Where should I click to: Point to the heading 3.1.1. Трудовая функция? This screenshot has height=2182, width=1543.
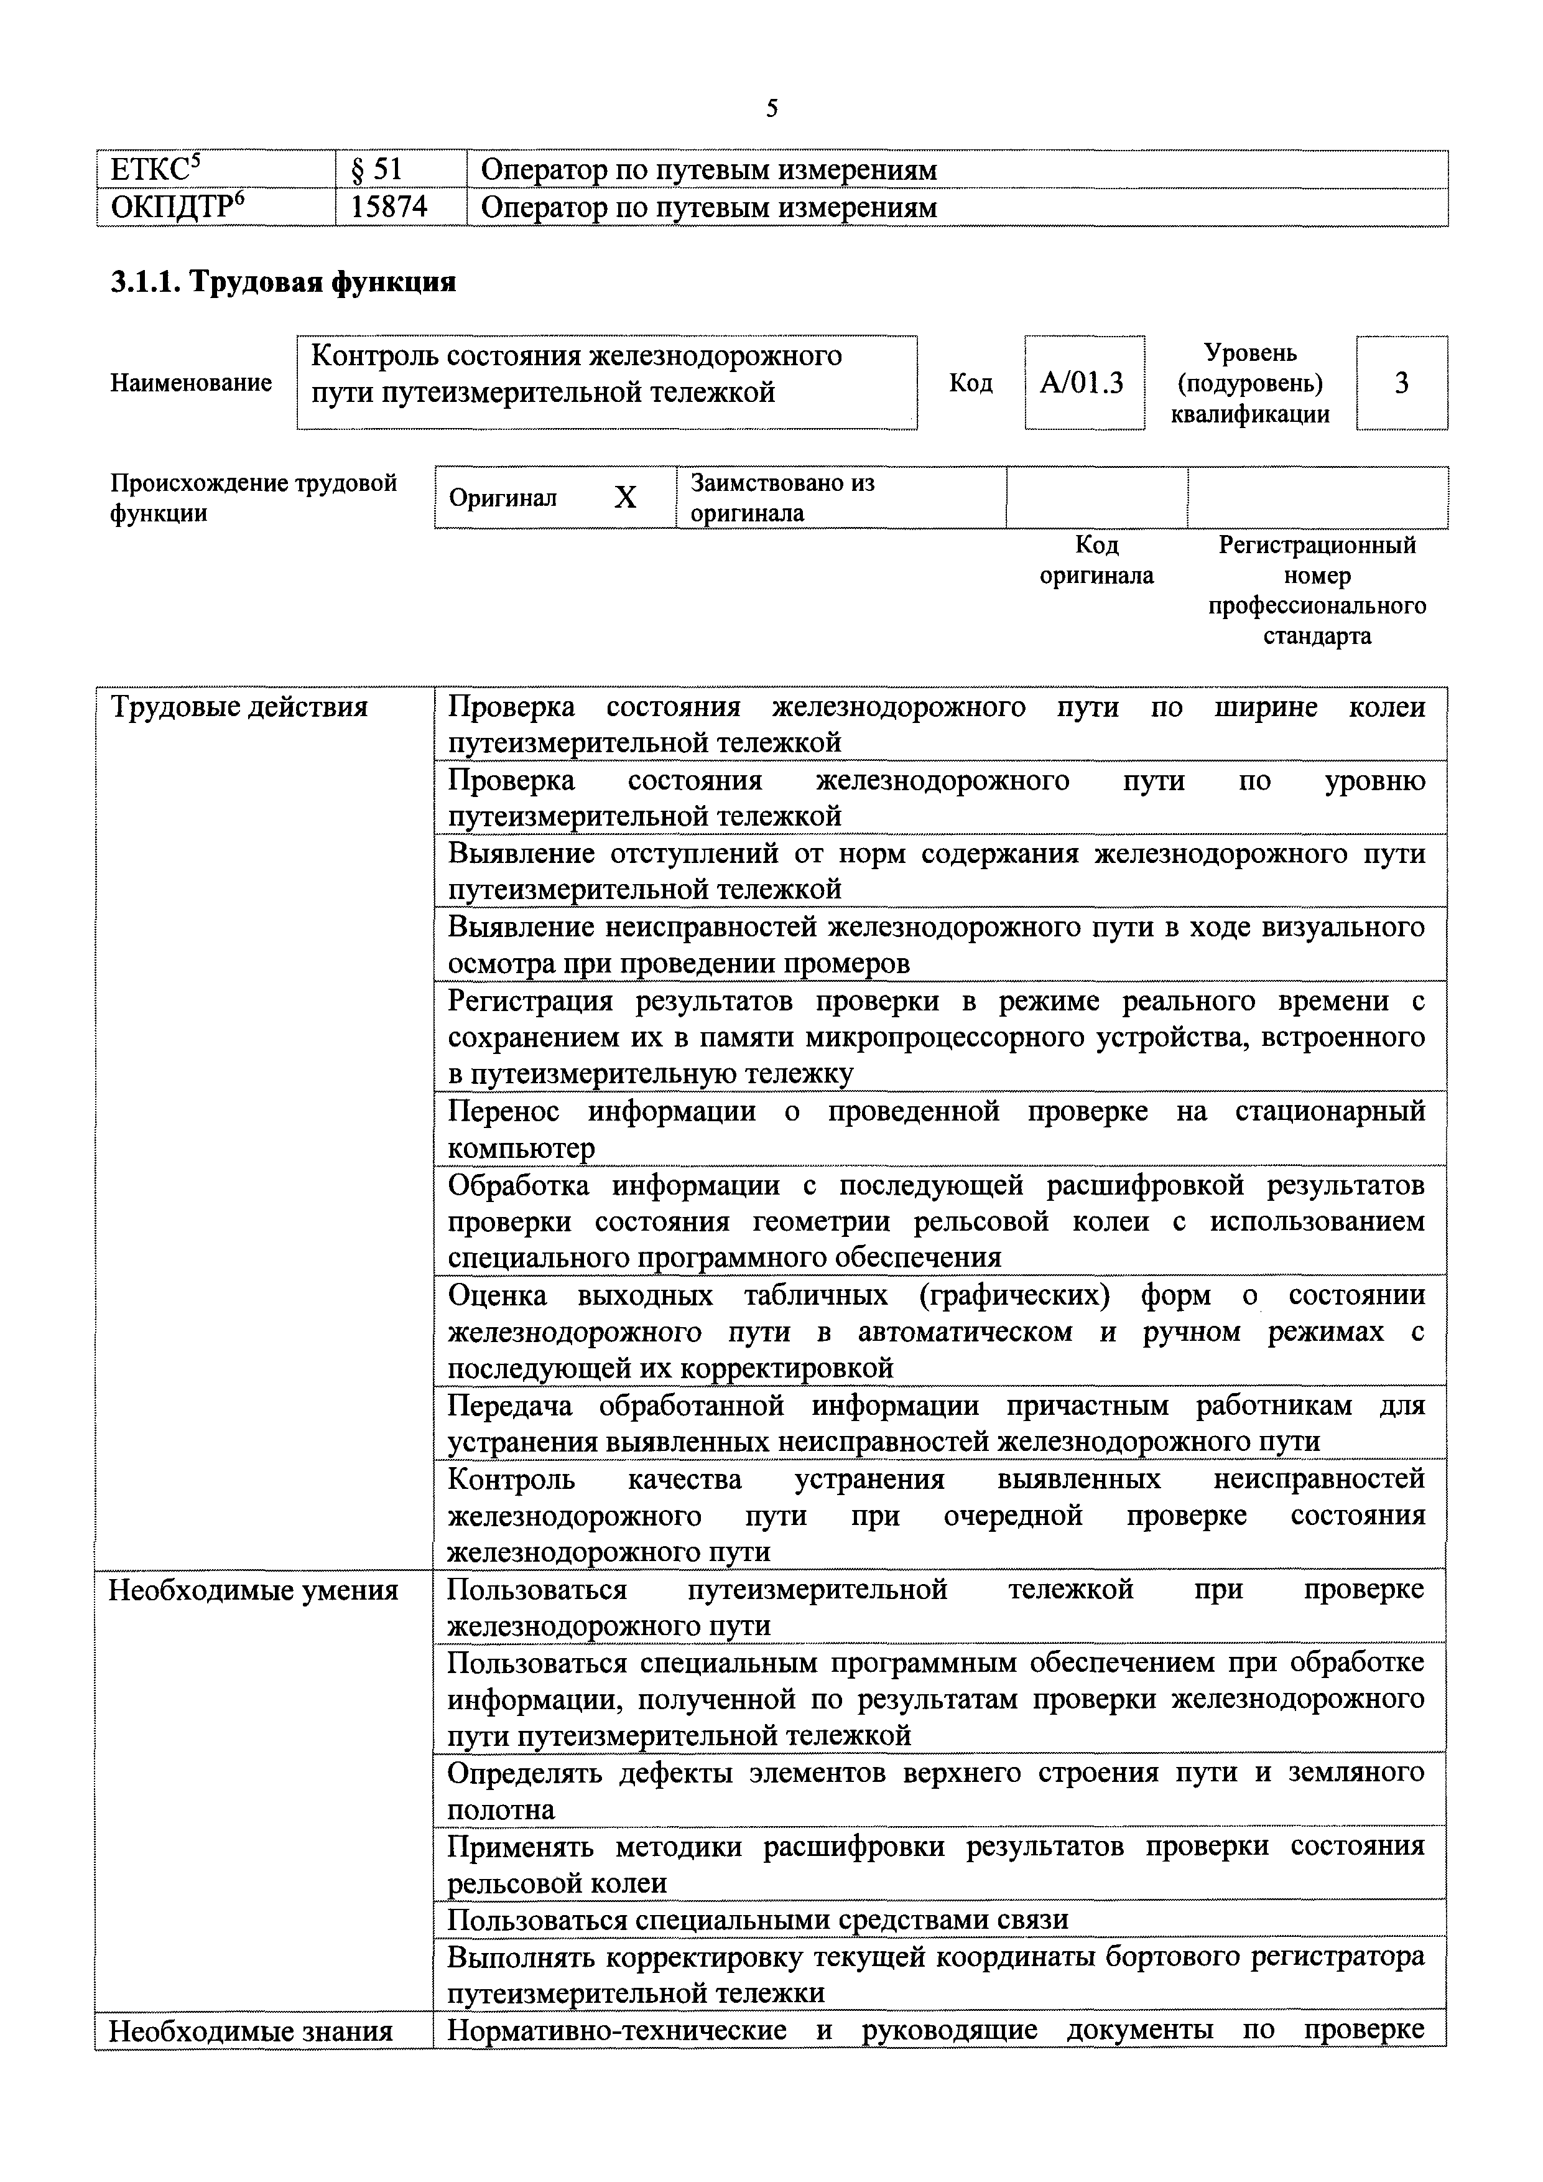283,282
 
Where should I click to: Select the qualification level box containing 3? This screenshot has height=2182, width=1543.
1401,383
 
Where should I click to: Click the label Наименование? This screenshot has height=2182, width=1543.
191,383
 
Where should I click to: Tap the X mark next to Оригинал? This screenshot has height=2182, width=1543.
625,497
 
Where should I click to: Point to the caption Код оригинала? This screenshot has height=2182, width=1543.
1096,560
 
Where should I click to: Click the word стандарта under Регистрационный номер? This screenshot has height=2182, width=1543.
1317,636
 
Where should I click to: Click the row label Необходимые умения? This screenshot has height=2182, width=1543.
254,1590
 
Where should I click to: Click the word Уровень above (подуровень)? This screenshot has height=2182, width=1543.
1250,353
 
